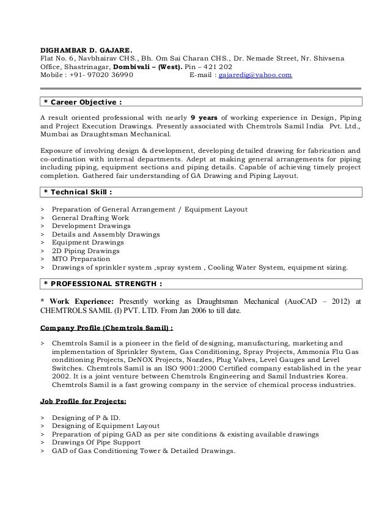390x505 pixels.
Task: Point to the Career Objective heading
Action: pyautogui.click(x=83, y=101)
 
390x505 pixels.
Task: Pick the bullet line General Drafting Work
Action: pyautogui.click(x=90, y=217)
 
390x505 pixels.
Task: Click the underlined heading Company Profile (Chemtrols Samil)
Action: pyautogui.click(x=106, y=326)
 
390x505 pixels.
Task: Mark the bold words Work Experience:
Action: pyautogui.click(x=81, y=301)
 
